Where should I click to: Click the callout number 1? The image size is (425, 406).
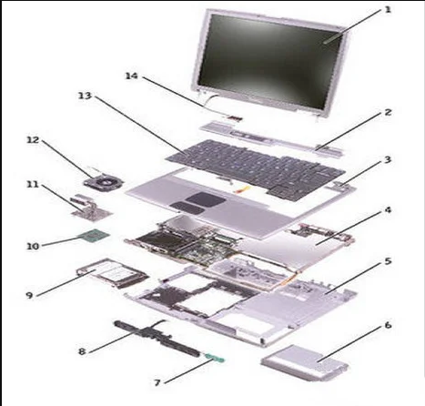click(x=388, y=10)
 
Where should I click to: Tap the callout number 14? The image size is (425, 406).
click(x=132, y=76)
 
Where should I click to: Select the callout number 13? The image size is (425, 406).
click(x=85, y=96)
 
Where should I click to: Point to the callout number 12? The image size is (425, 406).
click(x=33, y=140)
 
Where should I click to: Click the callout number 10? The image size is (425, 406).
click(x=33, y=246)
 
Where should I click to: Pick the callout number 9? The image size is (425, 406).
click(x=29, y=295)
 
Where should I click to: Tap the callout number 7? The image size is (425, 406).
click(x=157, y=382)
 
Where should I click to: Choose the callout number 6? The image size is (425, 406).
click(x=388, y=325)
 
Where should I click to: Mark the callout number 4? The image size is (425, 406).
click(x=388, y=209)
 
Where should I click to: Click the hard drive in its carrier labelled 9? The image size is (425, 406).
click(x=112, y=275)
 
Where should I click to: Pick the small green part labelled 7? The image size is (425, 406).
click(x=214, y=358)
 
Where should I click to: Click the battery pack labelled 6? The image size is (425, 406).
click(x=304, y=362)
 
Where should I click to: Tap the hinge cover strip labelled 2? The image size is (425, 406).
click(x=272, y=138)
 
